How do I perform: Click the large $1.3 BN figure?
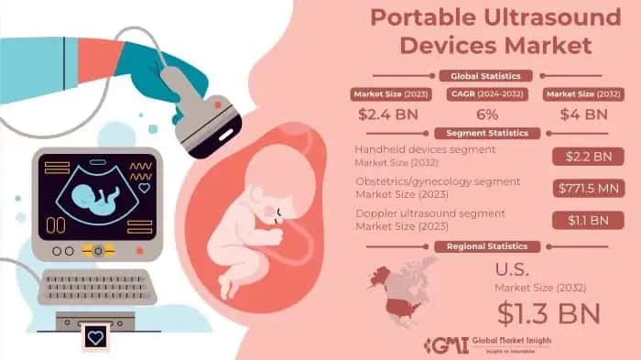click(x=549, y=311)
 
